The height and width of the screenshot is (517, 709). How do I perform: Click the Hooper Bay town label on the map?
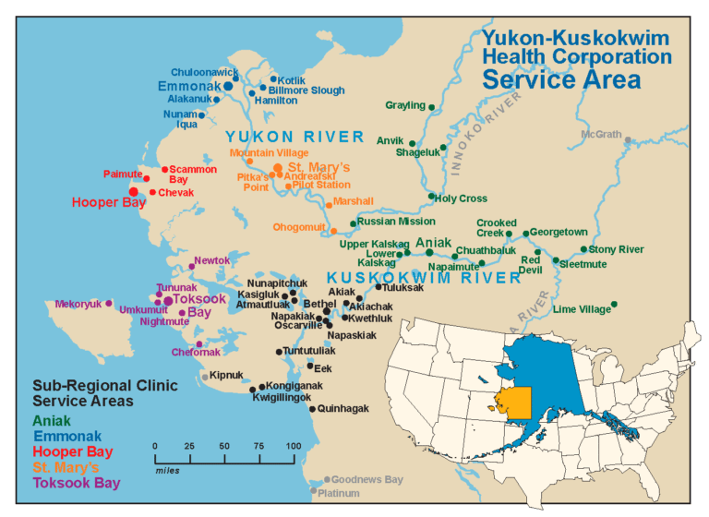point(109,202)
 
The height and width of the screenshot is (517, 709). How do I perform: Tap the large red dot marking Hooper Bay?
point(134,192)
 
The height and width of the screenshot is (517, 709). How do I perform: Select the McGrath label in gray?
point(601,135)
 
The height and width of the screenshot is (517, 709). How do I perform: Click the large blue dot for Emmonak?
point(227,86)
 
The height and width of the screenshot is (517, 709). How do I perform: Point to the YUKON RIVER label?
point(296,138)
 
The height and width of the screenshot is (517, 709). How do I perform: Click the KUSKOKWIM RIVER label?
point(424,277)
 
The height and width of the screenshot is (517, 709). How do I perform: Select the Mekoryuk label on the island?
point(78,303)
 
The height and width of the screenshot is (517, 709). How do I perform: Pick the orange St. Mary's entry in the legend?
point(67,467)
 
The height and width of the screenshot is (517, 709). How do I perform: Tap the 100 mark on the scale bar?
point(293,447)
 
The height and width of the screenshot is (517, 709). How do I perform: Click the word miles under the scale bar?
point(165,468)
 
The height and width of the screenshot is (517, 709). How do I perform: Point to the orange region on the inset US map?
point(515,403)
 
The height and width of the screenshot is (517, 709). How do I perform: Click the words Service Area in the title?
point(561,78)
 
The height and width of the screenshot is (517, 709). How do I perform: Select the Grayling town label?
point(404,106)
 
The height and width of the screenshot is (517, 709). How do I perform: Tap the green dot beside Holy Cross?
point(431,196)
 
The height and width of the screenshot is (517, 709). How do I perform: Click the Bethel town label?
point(319,303)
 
